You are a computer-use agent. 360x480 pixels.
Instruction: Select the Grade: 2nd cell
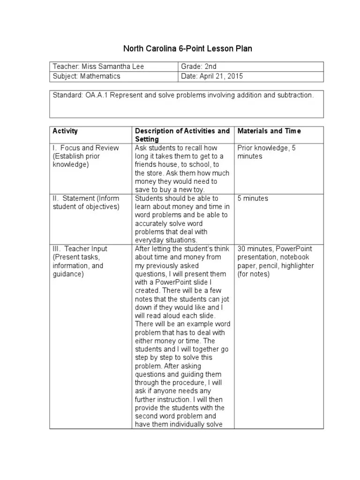(x=199, y=67)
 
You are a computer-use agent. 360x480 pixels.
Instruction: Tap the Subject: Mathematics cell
(x=87, y=76)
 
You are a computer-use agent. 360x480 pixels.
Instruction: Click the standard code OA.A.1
(x=96, y=95)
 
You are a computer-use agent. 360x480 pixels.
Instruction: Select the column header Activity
(x=65, y=131)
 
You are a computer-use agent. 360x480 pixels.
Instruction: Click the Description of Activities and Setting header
(x=182, y=135)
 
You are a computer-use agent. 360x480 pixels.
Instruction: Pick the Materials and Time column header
(x=269, y=131)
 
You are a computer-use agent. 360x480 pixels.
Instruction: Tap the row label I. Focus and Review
(x=86, y=148)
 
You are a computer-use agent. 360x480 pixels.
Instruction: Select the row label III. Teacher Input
(x=80, y=249)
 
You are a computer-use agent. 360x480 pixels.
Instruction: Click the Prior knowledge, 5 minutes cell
(x=266, y=152)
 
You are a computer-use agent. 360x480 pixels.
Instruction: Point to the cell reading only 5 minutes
(x=253, y=198)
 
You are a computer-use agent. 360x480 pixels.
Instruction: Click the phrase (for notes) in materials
(x=254, y=274)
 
